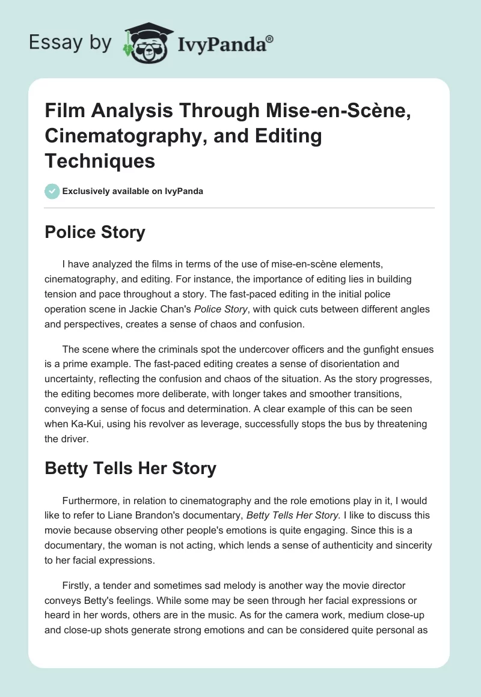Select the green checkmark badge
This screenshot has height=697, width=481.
click(x=52, y=191)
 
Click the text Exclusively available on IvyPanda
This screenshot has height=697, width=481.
click(x=132, y=191)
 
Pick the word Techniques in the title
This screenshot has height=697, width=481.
click(x=100, y=160)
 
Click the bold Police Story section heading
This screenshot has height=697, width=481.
click(x=95, y=232)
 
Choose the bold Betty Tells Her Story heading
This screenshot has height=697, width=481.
click(x=130, y=468)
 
